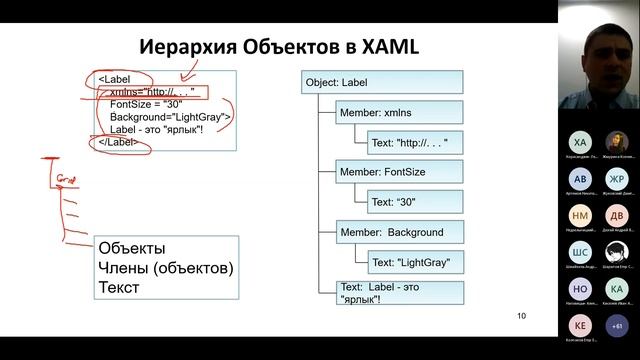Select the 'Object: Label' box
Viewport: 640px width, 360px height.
pyautogui.click(x=381, y=82)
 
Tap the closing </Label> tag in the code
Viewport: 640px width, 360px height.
pyautogui.click(x=118, y=143)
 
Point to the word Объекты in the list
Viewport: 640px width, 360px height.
pyautogui.click(x=132, y=248)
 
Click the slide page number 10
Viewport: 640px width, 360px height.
pyautogui.click(x=521, y=317)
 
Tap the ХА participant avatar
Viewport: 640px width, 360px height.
pyautogui.click(x=580, y=142)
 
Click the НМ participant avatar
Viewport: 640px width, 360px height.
pyautogui.click(x=580, y=215)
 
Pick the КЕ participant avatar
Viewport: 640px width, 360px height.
pyautogui.click(x=580, y=326)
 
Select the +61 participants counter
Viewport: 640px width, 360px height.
pyautogui.click(x=616, y=326)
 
